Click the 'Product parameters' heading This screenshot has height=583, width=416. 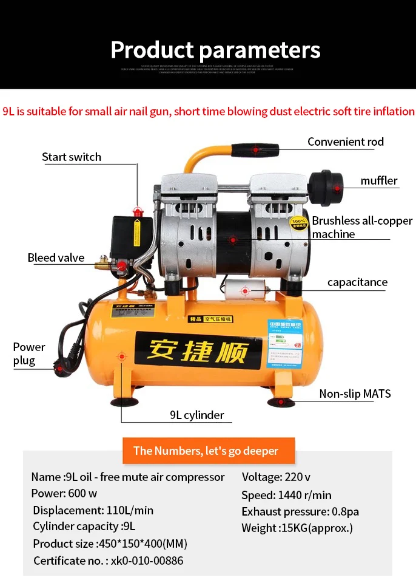tap(215, 49)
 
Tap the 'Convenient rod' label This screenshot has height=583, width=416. tap(345, 141)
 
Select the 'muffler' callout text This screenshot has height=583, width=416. tap(379, 180)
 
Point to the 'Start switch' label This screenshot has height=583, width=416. tap(72, 157)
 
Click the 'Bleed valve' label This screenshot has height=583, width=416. tap(56, 257)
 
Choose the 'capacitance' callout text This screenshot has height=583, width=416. tap(357, 282)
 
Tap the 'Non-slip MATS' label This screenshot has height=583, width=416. tap(355, 394)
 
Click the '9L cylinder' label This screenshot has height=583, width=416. tap(196, 415)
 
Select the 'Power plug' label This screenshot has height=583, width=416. tap(29, 354)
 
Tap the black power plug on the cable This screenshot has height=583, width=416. tap(61, 366)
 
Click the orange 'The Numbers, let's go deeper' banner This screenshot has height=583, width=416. tap(206, 451)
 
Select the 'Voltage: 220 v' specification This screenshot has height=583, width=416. tap(276, 477)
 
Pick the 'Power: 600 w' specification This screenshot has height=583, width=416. tap(64, 493)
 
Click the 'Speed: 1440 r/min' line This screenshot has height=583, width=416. tap(286, 495)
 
